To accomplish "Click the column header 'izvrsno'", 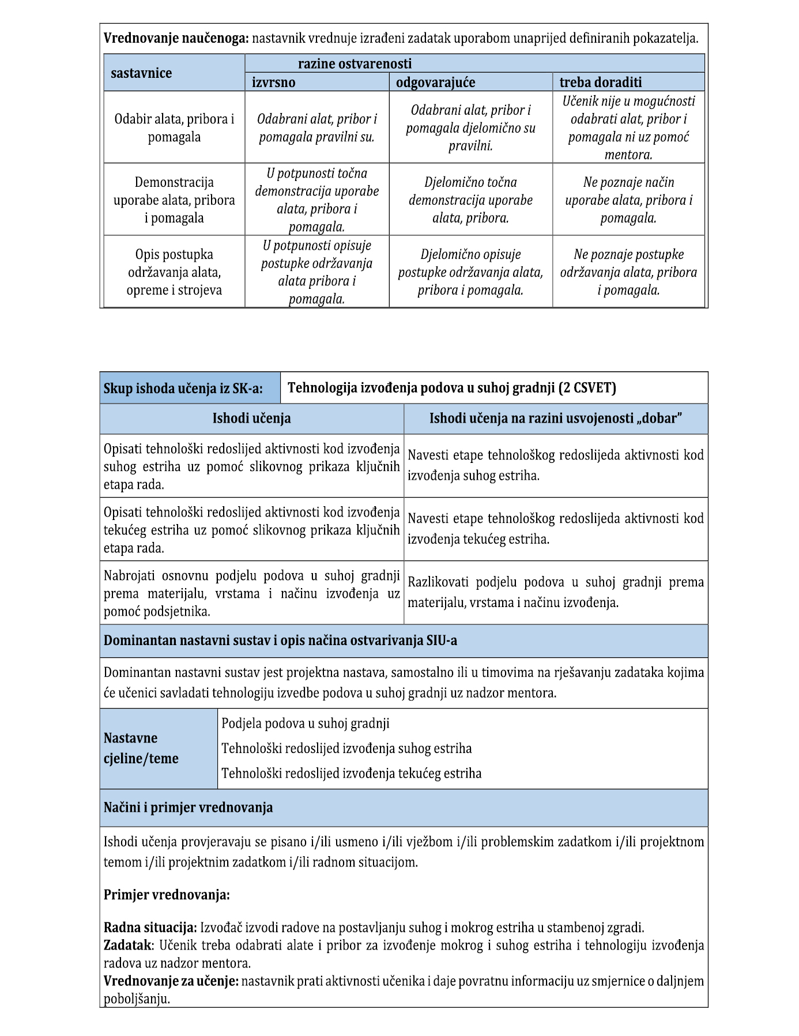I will (x=273, y=82).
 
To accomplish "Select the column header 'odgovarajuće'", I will (x=435, y=82).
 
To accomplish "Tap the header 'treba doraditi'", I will (x=600, y=82).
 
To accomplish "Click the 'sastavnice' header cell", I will (x=141, y=73).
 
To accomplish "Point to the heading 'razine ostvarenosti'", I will (x=355, y=63).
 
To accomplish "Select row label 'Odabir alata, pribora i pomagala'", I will (x=174, y=128).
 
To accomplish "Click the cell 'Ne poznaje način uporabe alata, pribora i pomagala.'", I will (x=628, y=200).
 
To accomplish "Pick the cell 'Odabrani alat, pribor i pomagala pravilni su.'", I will (x=316, y=128).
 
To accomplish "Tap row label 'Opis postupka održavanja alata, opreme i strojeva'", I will (x=174, y=272).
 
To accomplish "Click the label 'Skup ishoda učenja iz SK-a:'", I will (x=183, y=389).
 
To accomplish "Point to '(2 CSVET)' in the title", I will (x=587, y=388).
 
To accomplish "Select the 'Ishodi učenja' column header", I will (x=251, y=419).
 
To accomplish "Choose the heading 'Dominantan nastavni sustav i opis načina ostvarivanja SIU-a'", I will (x=280, y=641).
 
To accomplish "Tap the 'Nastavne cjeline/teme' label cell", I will (x=141, y=748).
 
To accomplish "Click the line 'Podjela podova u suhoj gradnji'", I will (x=306, y=723).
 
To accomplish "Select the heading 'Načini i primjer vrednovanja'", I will (x=188, y=807).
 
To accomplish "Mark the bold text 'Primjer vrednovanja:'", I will (x=167, y=895).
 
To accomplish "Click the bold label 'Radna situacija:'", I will (x=150, y=928).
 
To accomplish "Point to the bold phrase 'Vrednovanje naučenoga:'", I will (x=176, y=39).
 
